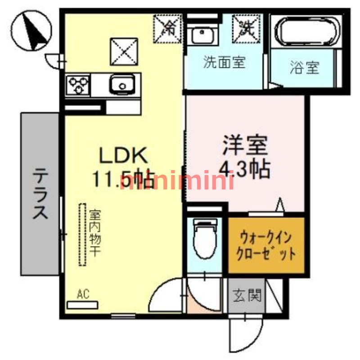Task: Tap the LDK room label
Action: point(123,157)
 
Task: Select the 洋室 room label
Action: point(245,145)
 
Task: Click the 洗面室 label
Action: point(224,63)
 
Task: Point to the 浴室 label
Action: point(304,68)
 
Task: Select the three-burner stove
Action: point(77,84)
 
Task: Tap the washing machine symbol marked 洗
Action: point(246,27)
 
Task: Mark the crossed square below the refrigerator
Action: point(125,50)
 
